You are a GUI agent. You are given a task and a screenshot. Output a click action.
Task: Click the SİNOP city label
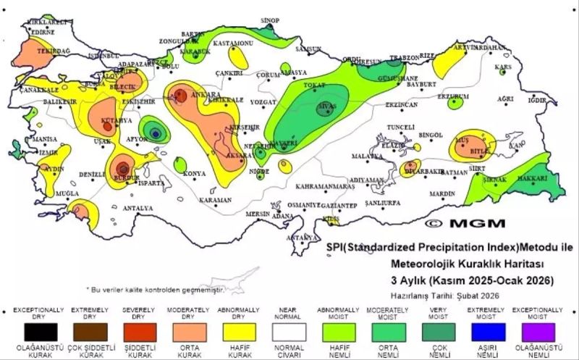click(x=269, y=20)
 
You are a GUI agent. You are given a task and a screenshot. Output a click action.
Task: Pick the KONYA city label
click(x=194, y=174)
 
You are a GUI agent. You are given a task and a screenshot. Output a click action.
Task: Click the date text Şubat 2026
click(x=478, y=295)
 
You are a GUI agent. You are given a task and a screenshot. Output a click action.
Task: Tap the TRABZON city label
click(x=405, y=57)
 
